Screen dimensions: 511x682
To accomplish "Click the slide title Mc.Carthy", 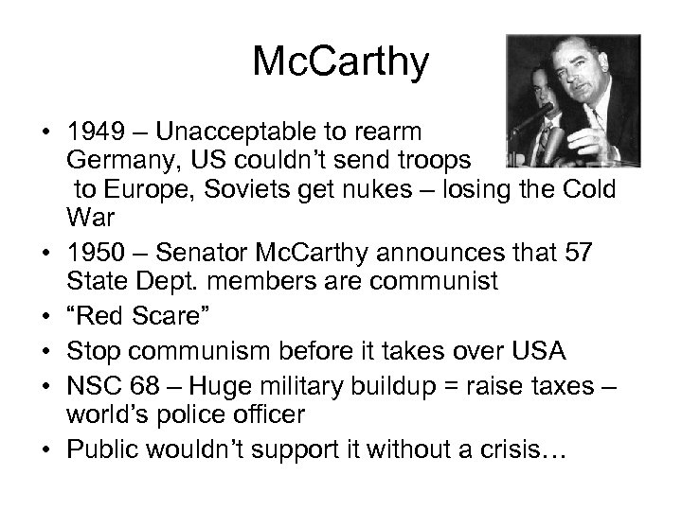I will click(x=341, y=63).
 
